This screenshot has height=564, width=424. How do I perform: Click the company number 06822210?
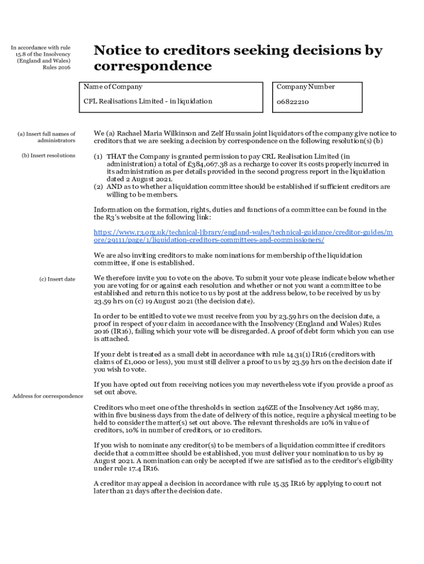pyautogui.click(x=292, y=102)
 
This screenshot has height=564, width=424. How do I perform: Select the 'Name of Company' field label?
pyautogui.click(x=113, y=87)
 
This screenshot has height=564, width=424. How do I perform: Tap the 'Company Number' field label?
pyautogui.click(x=306, y=87)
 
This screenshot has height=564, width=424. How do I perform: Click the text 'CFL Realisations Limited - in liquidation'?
pyautogui.click(x=148, y=101)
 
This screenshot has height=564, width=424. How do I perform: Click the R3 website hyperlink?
pyautogui.click(x=243, y=237)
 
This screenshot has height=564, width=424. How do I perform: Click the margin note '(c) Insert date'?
pyautogui.click(x=57, y=279)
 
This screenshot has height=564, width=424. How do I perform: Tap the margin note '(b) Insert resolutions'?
pyautogui.click(x=48, y=156)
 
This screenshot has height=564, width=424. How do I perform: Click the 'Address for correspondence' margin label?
pyautogui.click(x=48, y=396)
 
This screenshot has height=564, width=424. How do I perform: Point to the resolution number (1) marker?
pyautogui.click(x=98, y=156)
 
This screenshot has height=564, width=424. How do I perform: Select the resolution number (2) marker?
pyautogui.click(x=98, y=187)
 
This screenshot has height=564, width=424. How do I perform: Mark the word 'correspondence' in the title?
pyautogui.click(x=153, y=66)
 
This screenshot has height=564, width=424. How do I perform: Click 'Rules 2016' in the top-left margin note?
pyautogui.click(x=57, y=68)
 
